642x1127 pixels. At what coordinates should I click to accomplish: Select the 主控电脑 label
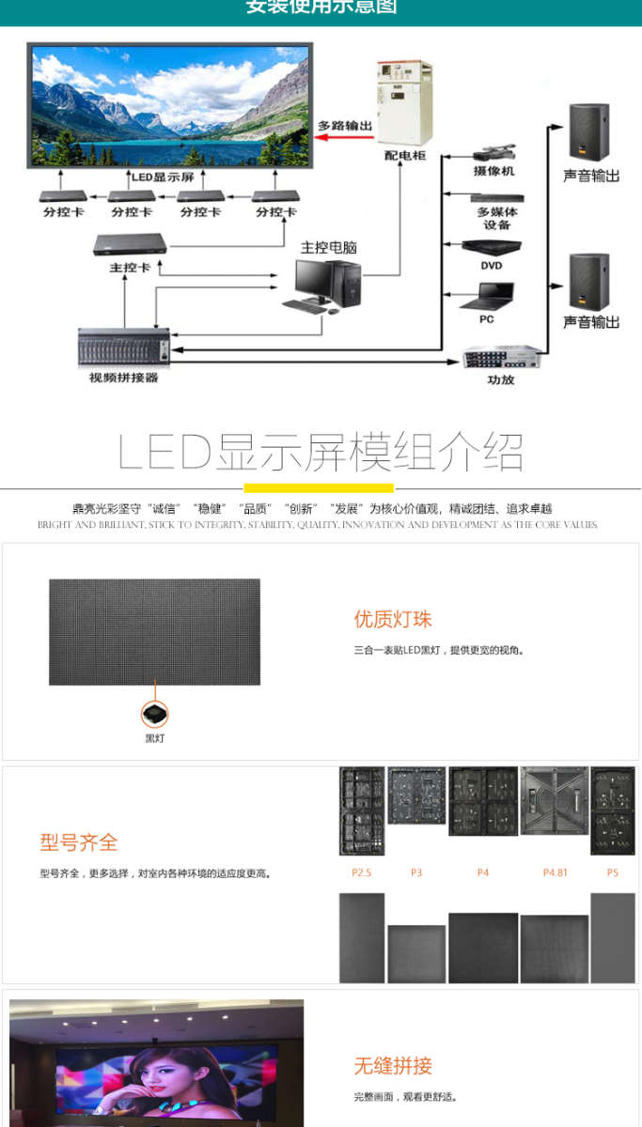(328, 247)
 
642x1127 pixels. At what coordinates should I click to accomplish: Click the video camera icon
(493, 153)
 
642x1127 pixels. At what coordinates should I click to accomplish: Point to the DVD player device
(490, 247)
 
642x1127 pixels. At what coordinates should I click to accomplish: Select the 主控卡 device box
(130, 244)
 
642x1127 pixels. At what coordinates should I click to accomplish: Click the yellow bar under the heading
(319, 488)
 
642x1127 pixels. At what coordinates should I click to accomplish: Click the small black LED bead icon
(154, 715)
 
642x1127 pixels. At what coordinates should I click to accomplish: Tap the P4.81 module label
(555, 872)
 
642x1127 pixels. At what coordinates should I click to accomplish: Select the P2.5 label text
(362, 872)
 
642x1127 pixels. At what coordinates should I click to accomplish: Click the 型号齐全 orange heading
(79, 842)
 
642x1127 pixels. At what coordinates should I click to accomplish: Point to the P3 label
(416, 872)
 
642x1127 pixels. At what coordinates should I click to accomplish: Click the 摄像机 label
(493, 172)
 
